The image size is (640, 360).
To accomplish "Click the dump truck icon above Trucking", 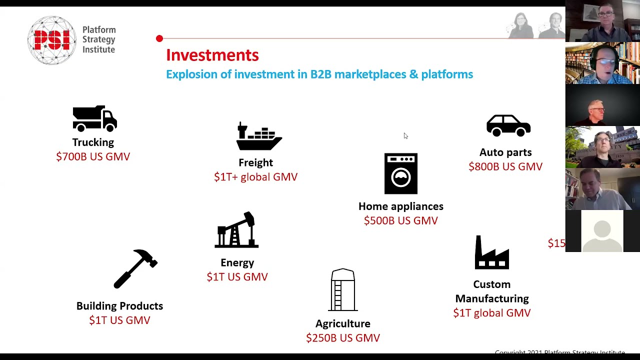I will click(94, 118).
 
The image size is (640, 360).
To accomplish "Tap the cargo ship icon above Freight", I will click(258, 136).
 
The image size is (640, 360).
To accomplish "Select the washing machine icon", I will click(400, 173).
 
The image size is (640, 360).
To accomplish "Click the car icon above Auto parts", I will click(508, 125).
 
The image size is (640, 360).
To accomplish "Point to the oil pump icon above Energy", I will click(236, 230).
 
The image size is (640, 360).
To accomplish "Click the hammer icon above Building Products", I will click(135, 268).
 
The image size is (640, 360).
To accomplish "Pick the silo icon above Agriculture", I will click(343, 290).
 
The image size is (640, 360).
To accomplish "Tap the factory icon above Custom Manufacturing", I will click(492, 253).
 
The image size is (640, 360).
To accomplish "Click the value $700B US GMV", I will click(93, 156).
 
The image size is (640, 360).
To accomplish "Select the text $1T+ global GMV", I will click(255, 177).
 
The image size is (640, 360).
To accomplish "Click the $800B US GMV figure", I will click(505, 166).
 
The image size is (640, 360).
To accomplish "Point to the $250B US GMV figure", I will click(343, 338).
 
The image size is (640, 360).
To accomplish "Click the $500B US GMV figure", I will click(400, 220).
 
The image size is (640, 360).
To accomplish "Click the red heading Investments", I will click(212, 55).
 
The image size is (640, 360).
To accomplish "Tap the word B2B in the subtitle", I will click(320, 74).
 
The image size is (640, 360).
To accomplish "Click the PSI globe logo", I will click(51, 40).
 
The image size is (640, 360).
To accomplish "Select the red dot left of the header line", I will click(159, 38).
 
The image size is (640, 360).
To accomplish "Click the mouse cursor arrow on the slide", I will click(405, 135).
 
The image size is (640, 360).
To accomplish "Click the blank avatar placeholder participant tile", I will click(602, 231).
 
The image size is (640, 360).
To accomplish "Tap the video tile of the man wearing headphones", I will click(602, 63).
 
